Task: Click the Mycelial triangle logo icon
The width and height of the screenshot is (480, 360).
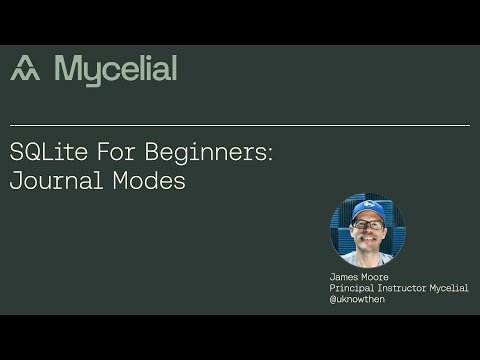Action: tap(25, 69)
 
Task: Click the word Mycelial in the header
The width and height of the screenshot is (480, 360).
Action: tap(116, 69)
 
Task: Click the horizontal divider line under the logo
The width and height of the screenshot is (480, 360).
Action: tap(240, 126)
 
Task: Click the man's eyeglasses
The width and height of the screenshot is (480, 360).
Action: tap(367, 224)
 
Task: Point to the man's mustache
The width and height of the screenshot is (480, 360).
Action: tap(367, 236)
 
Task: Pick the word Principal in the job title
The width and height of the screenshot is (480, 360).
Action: tap(352, 288)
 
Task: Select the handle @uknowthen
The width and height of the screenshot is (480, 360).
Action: tap(357, 298)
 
